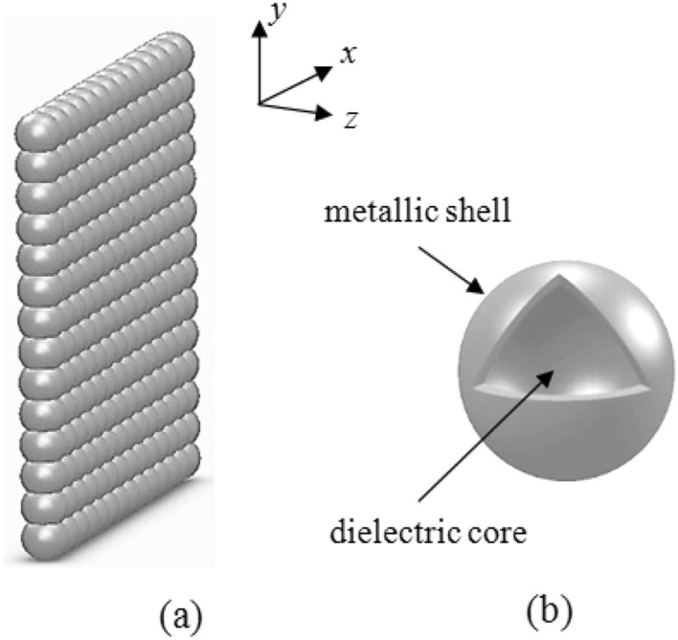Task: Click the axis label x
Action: click(350, 55)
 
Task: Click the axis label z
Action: click(351, 119)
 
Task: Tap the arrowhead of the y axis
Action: click(259, 25)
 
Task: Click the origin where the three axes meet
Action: click(260, 103)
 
